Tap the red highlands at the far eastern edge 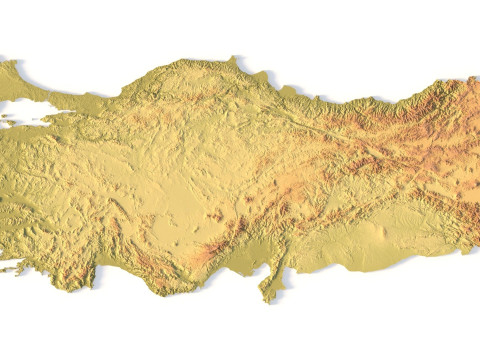pos(465,140)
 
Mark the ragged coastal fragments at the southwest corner pos(15,265)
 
